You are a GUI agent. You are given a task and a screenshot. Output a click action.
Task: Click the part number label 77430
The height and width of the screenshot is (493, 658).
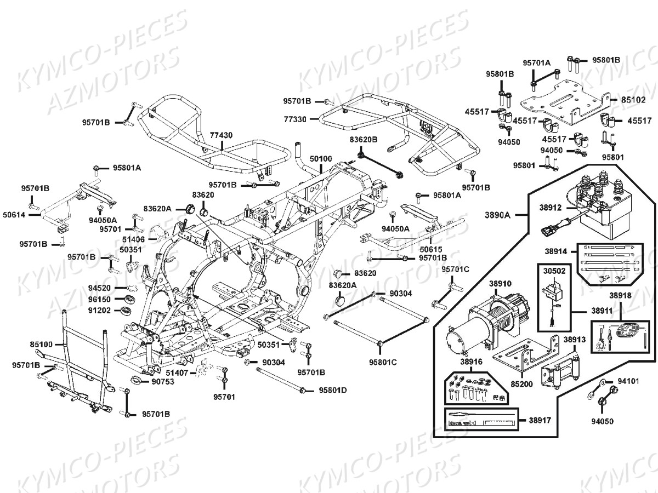(x=221, y=135)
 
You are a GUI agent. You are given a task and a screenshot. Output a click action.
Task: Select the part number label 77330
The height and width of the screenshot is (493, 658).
(x=296, y=118)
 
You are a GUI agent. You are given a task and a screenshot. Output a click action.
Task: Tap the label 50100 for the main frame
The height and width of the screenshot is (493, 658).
(x=321, y=159)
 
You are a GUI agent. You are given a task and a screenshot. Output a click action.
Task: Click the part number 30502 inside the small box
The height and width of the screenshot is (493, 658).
(x=554, y=270)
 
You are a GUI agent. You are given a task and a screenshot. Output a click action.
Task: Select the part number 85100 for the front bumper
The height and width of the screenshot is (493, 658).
(x=42, y=345)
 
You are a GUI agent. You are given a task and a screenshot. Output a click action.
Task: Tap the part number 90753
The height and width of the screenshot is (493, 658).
(x=162, y=381)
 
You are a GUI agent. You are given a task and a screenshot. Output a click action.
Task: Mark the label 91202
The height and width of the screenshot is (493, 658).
(x=99, y=311)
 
